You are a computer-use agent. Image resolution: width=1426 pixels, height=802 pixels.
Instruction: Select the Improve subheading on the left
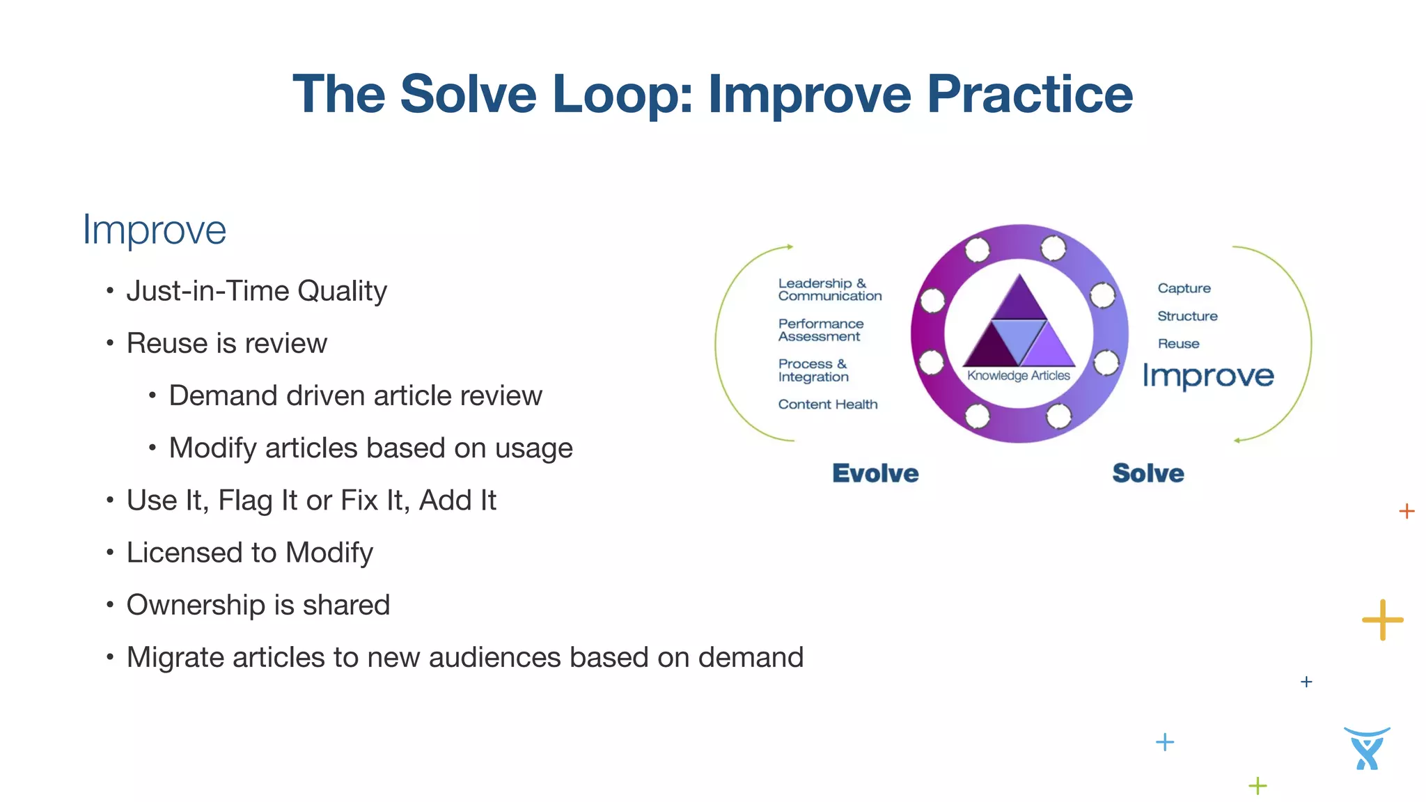[x=155, y=230]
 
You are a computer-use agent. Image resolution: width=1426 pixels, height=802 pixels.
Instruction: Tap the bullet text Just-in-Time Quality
[x=256, y=291]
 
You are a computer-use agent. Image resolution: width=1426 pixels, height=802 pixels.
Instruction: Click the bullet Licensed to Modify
[x=249, y=553]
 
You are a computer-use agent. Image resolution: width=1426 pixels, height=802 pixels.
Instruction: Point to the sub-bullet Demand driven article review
[x=355, y=395]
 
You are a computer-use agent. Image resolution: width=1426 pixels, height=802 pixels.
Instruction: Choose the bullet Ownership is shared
[x=258, y=605]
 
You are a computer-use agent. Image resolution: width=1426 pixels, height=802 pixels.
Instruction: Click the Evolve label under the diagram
[x=875, y=473]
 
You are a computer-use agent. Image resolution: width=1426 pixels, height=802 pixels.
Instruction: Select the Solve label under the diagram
[x=1147, y=473]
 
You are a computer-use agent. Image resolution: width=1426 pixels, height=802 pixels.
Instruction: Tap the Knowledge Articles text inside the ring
[x=1018, y=376]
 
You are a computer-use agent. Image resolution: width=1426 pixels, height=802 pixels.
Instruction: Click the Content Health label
[x=827, y=404]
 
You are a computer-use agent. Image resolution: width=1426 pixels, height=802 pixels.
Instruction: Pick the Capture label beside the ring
[x=1184, y=288]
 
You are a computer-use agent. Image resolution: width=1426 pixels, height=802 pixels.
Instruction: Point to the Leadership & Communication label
[x=829, y=290]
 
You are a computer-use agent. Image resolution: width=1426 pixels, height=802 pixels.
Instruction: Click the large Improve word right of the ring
[x=1208, y=376]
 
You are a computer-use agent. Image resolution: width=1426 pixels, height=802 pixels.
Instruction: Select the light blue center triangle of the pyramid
[x=1019, y=336]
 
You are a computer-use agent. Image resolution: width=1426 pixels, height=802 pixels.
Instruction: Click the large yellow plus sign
[x=1382, y=619]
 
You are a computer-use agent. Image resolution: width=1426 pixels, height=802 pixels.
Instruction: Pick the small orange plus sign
[x=1407, y=511]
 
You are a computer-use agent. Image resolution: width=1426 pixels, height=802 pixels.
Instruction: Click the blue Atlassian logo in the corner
[x=1367, y=748]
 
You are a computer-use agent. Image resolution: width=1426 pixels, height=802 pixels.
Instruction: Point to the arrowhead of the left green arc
[x=790, y=246]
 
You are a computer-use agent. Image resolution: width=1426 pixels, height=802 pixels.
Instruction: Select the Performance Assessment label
[x=820, y=330]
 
